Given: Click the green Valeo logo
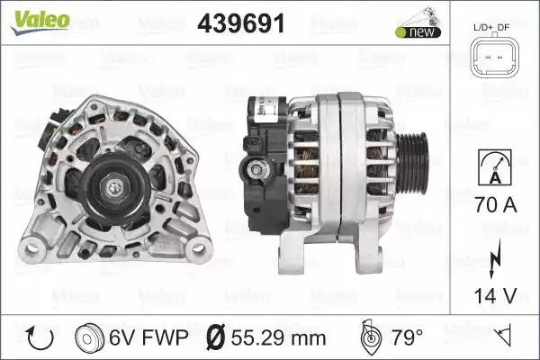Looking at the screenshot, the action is (40, 22).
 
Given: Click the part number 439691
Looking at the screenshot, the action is (241, 23).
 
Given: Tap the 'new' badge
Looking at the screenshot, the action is (418, 32).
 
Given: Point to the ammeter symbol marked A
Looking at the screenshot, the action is (495, 167).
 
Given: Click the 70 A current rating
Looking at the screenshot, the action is (496, 204).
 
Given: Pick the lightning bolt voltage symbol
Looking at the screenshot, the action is (495, 258).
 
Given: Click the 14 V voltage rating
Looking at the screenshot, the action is (496, 295).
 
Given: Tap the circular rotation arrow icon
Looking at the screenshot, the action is (40, 337).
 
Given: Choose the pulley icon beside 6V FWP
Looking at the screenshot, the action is (89, 337).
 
